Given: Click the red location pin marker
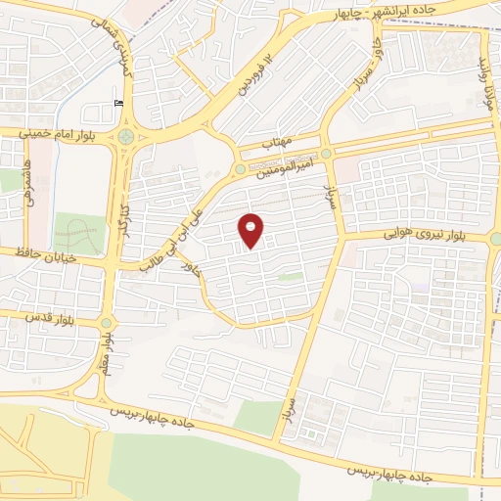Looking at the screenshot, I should coord(251,230).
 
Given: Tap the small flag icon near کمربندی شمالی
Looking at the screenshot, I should coord(119,104).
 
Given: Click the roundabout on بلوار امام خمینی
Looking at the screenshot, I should coord(126,136).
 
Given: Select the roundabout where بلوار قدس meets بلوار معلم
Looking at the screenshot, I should coord(106,324).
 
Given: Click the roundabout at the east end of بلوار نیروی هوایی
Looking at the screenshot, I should coord(496,238).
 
